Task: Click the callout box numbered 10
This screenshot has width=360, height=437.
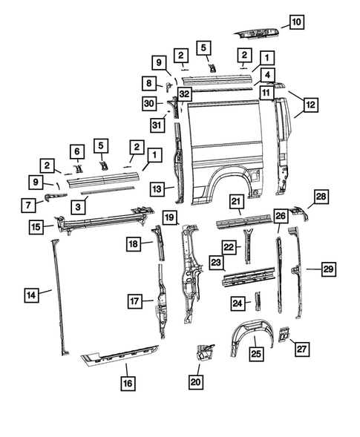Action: pos(295,22)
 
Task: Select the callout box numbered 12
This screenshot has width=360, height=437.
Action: pos(310,105)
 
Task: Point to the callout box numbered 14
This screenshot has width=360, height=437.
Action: pos(30,295)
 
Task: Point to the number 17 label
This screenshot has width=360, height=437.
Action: pos(134,301)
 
